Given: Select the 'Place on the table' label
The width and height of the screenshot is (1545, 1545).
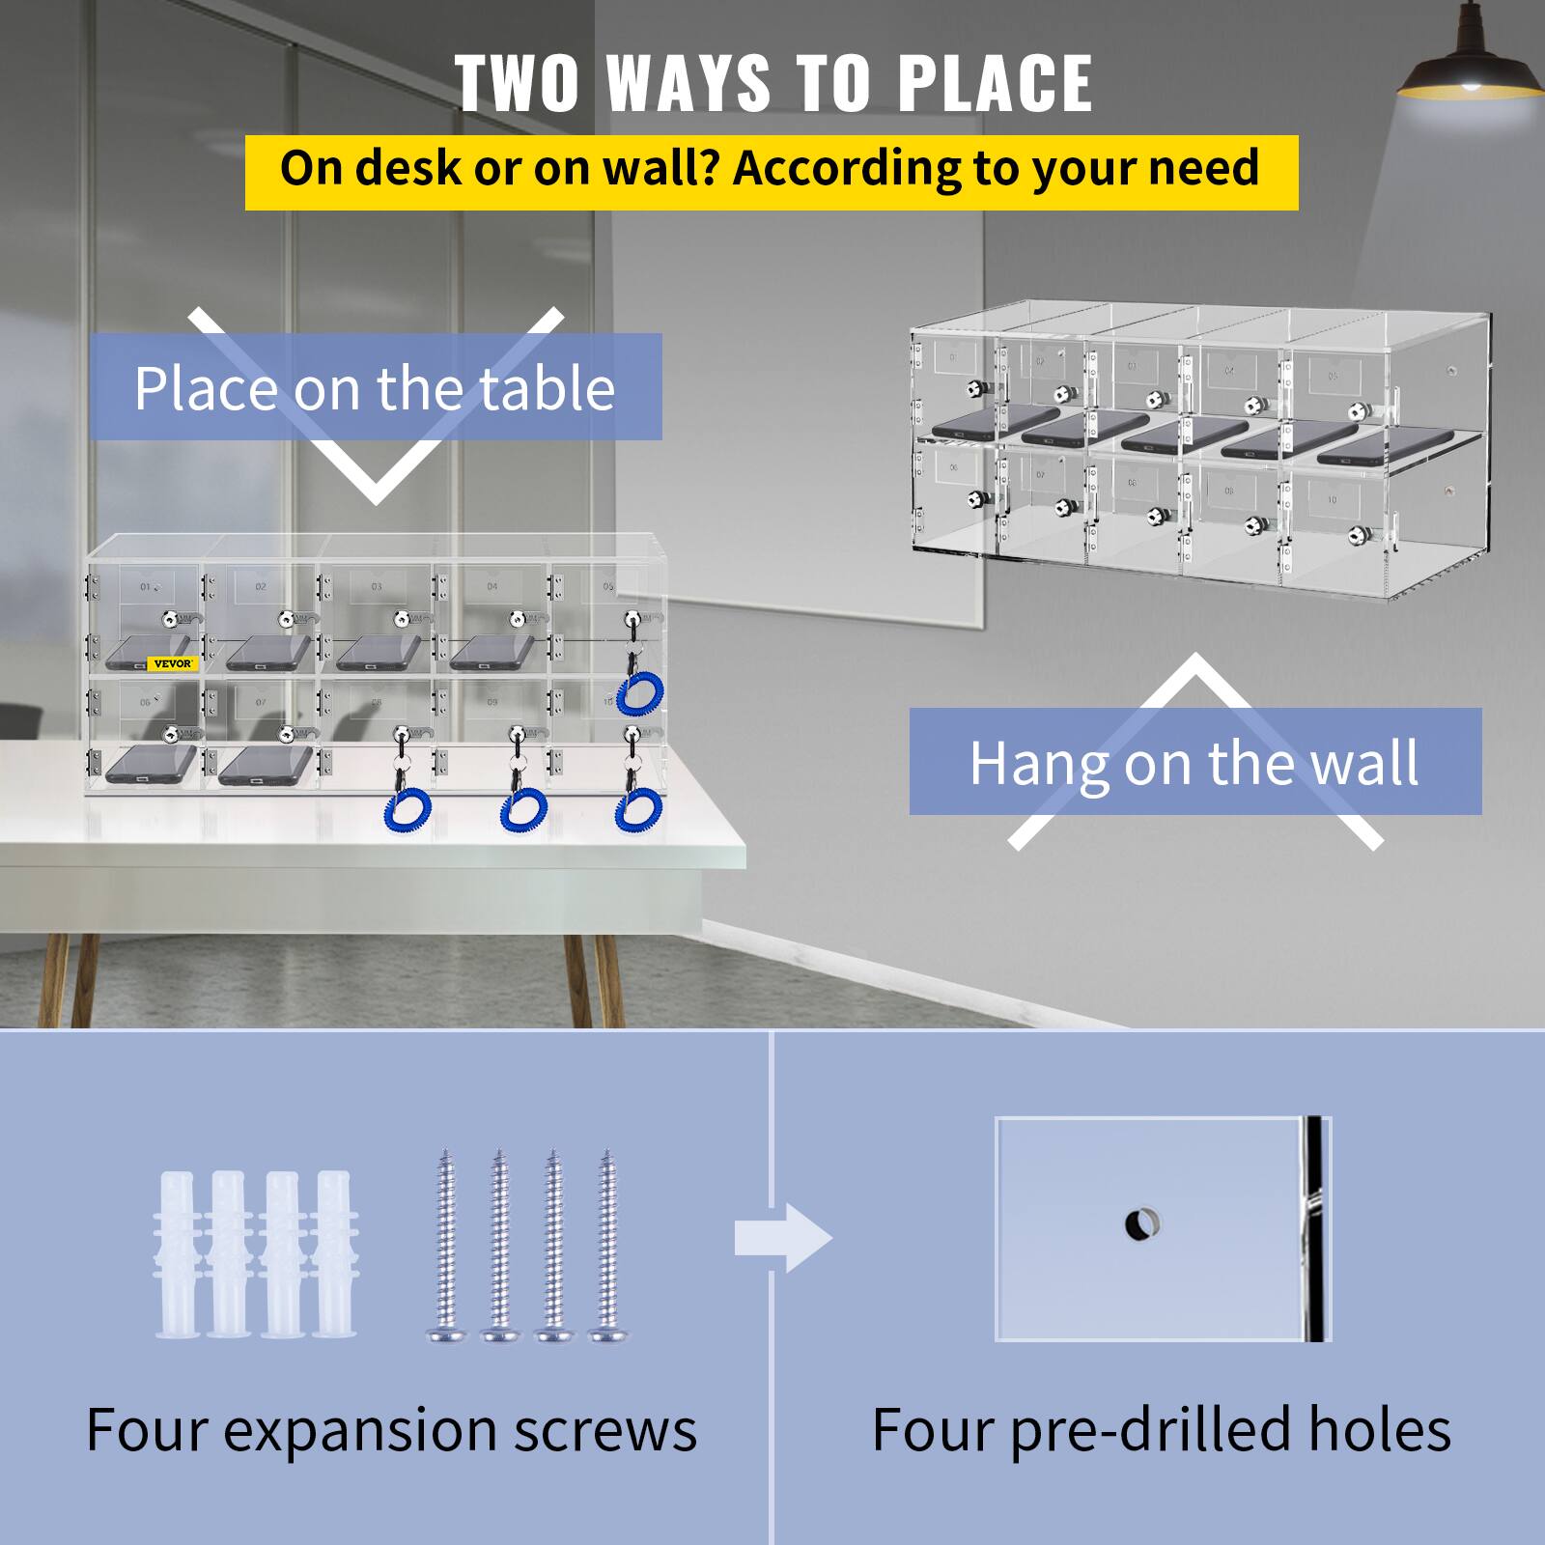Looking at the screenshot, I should pyautogui.click(x=375, y=388).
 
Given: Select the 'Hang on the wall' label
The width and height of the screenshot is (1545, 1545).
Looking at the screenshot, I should pyautogui.click(x=1194, y=763).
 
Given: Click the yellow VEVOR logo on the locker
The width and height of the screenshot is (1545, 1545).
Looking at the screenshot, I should pyautogui.click(x=173, y=663).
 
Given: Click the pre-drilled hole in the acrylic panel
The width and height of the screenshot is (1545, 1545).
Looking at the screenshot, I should pyautogui.click(x=1141, y=1224).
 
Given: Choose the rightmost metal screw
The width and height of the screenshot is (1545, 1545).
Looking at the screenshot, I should pyautogui.click(x=607, y=1246).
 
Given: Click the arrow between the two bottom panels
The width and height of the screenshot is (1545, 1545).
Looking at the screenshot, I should pyautogui.click(x=782, y=1237).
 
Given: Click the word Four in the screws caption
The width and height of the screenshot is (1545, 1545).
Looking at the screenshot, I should pyautogui.click(x=145, y=1431).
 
